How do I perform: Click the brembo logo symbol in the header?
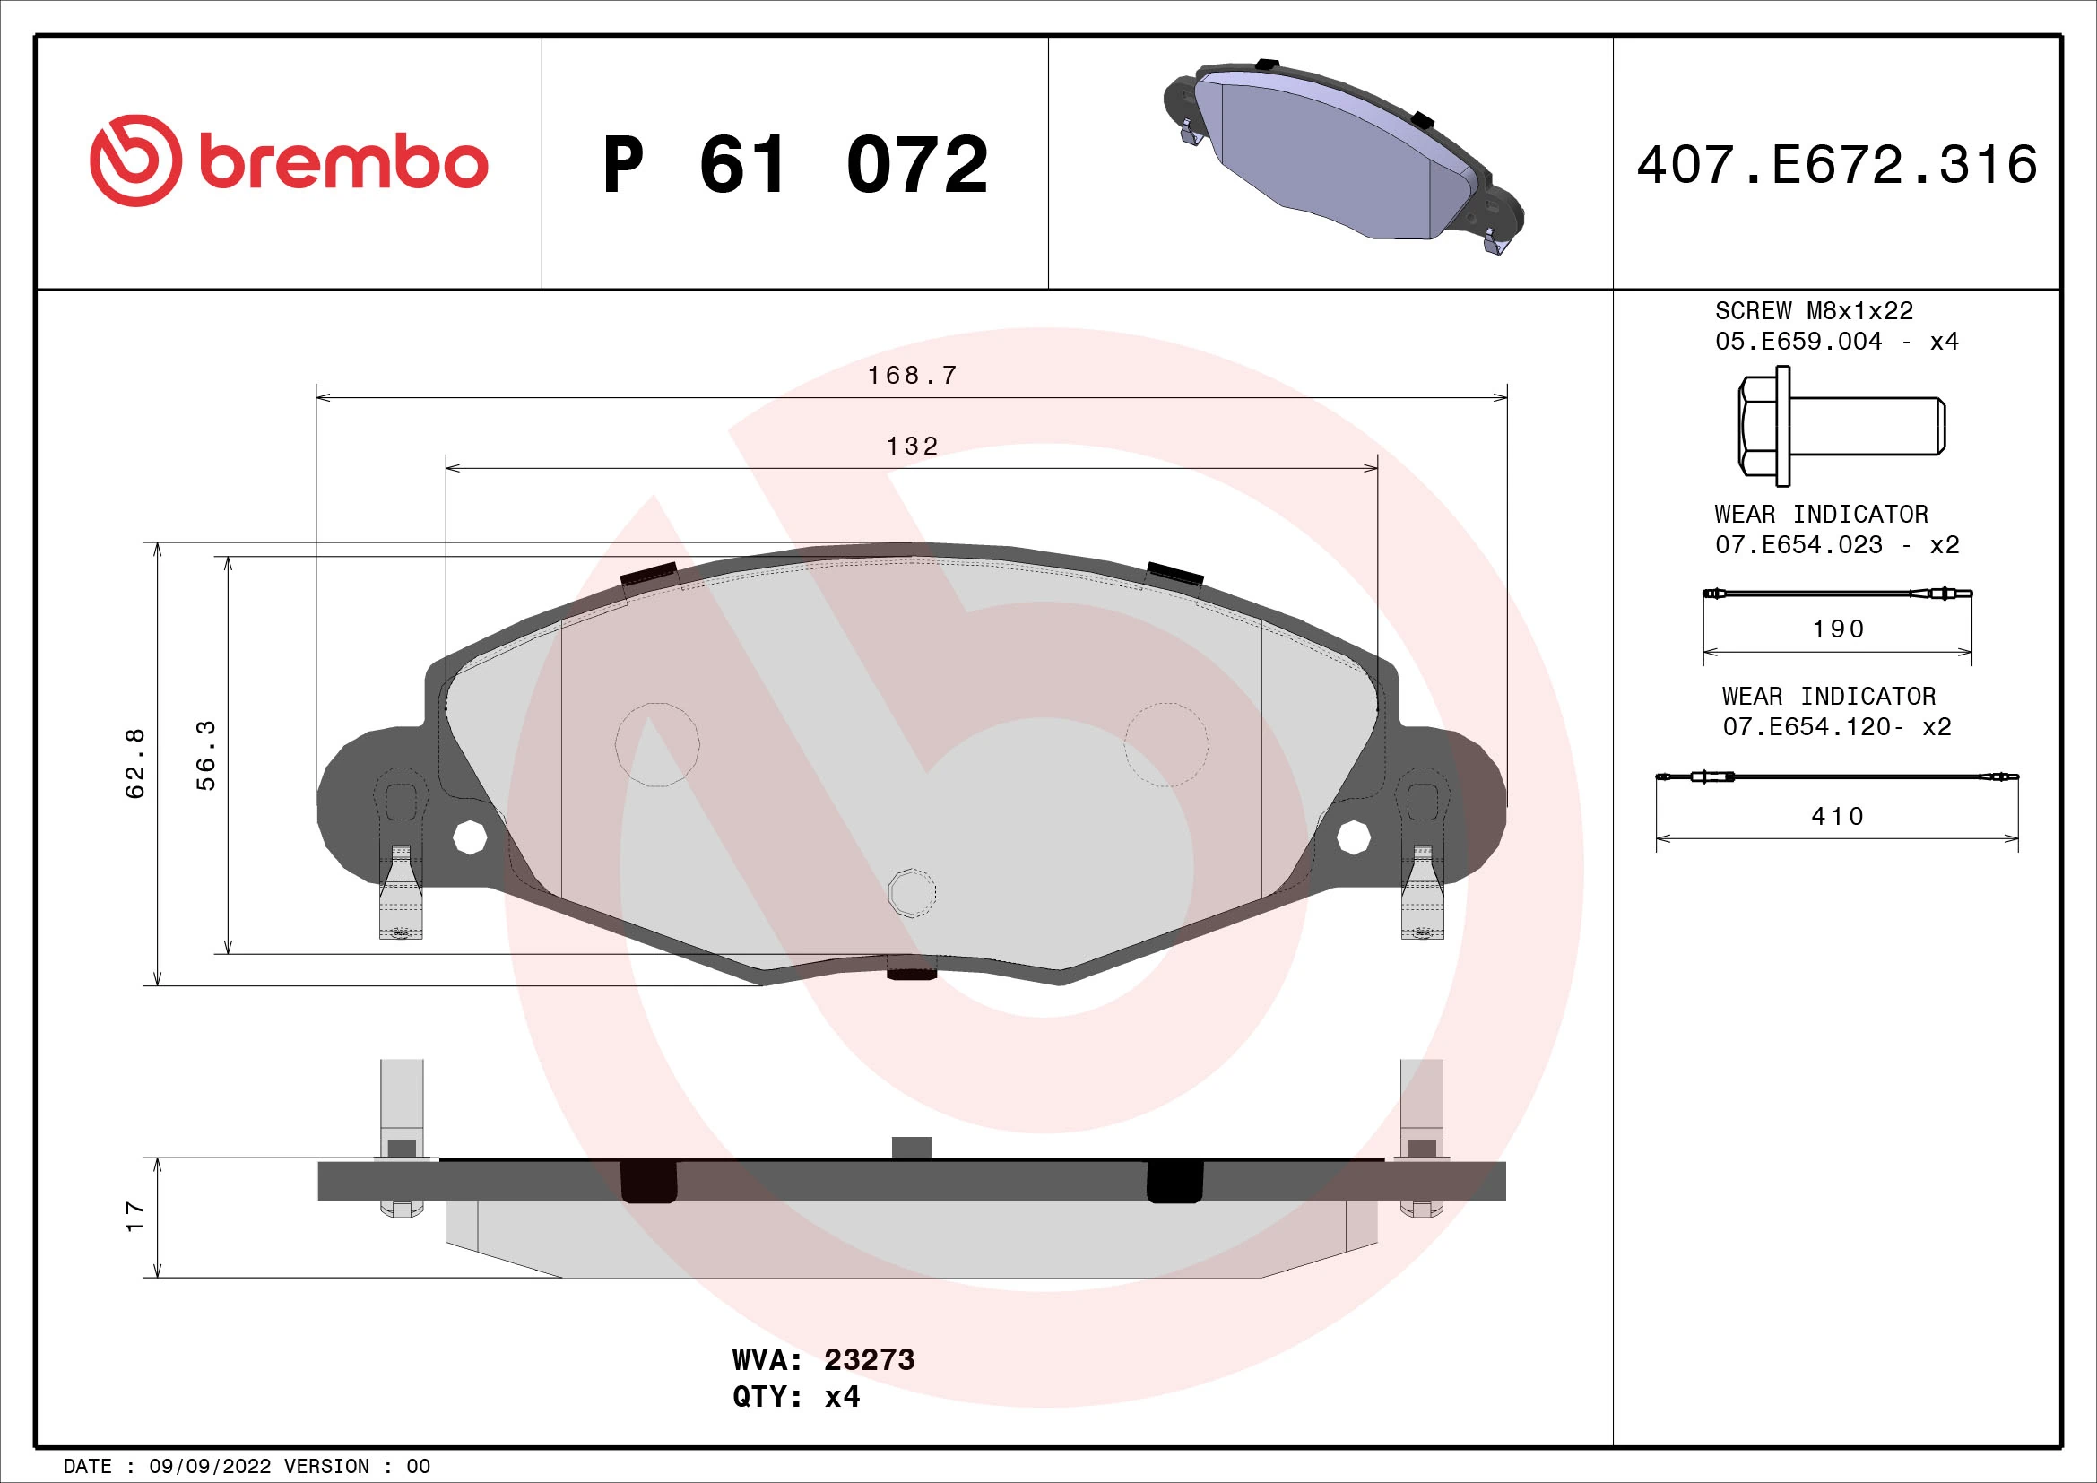(x=135, y=160)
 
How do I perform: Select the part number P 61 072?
(x=794, y=165)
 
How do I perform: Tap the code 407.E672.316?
(x=1837, y=165)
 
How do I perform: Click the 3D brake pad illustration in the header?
(x=1343, y=157)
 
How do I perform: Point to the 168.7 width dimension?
(x=912, y=376)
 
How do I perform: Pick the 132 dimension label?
(x=912, y=447)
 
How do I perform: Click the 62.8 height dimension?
(x=134, y=763)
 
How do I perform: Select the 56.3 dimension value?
(x=206, y=755)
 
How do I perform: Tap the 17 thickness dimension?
(x=134, y=1217)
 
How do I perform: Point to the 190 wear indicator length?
(x=1838, y=629)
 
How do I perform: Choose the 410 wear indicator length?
(x=1837, y=817)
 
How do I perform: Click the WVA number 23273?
(x=869, y=1360)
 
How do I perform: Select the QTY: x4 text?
(x=795, y=1397)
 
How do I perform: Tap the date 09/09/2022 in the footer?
(x=210, y=1467)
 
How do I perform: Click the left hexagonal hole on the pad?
(x=470, y=837)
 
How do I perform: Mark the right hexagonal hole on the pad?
(x=1353, y=836)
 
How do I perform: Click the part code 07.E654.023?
(x=1798, y=545)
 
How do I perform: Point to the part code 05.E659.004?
(x=1798, y=342)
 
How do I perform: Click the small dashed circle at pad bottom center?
(x=912, y=891)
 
